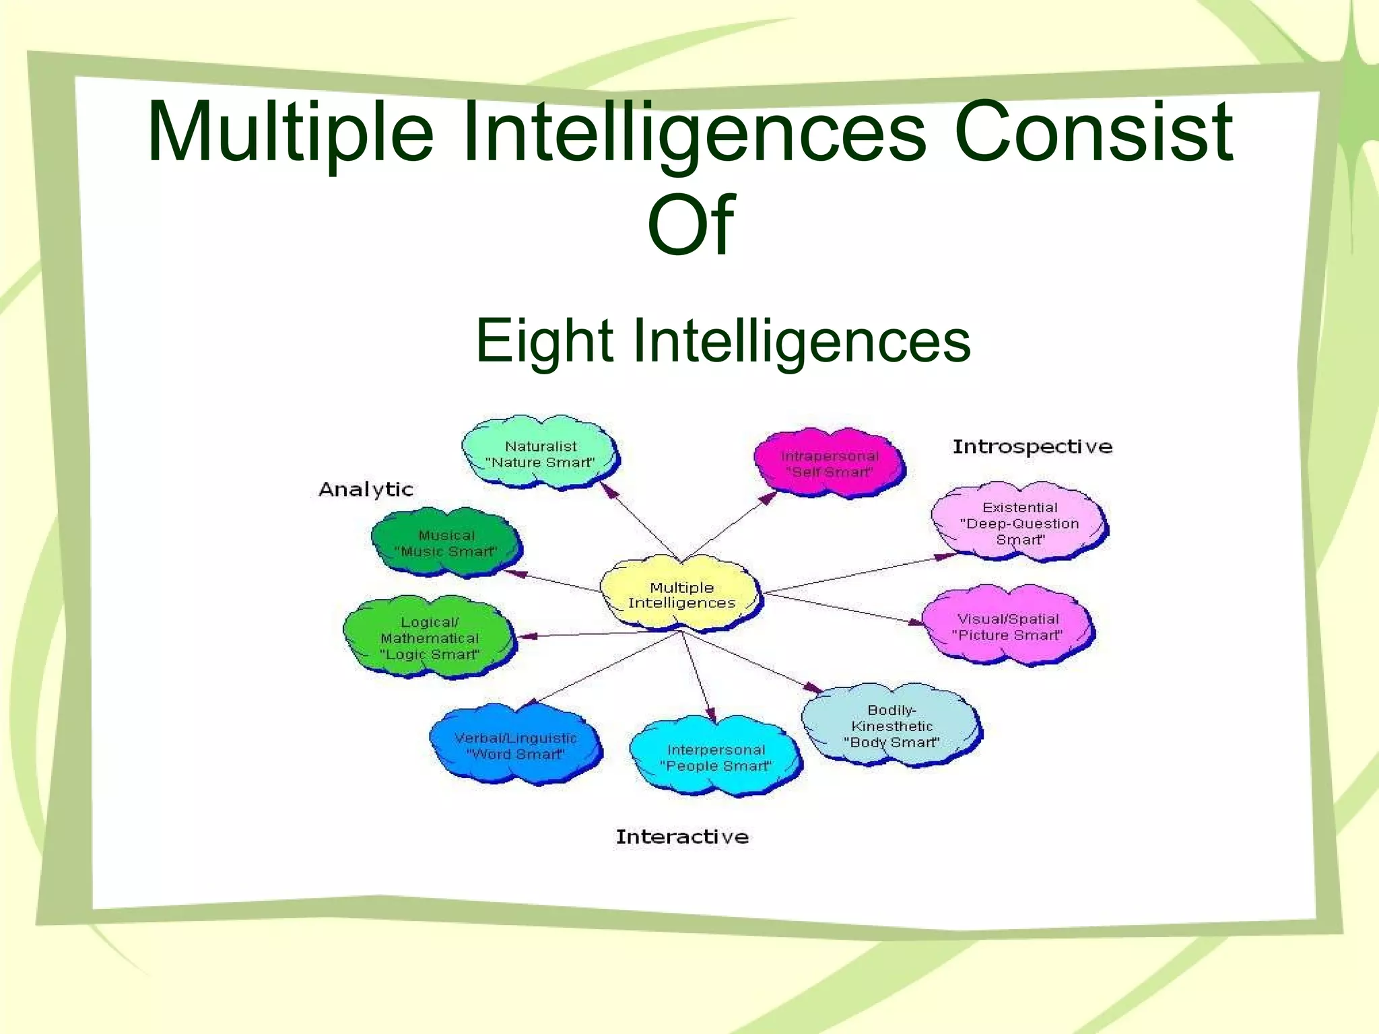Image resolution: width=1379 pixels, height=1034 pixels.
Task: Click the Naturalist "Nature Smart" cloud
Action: [x=541, y=453]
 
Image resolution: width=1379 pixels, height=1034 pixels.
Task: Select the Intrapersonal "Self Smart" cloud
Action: [x=829, y=464]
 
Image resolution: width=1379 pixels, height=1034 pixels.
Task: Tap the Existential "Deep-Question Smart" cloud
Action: [x=1019, y=523]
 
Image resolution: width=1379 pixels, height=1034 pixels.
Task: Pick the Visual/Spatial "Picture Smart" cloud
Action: [x=1007, y=627]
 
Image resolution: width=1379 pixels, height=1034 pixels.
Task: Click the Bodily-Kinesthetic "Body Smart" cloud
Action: [x=891, y=726]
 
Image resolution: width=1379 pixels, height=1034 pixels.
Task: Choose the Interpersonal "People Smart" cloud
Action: [x=716, y=757]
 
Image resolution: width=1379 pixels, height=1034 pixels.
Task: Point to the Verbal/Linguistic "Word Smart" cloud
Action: [x=515, y=745]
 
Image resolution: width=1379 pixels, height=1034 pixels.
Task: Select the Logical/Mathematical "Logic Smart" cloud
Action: [x=429, y=637]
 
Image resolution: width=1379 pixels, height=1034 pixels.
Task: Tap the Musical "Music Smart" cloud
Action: [x=446, y=543]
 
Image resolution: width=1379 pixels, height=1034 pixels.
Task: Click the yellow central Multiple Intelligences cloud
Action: [x=681, y=595]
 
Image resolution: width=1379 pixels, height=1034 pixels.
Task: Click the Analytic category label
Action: [x=366, y=489]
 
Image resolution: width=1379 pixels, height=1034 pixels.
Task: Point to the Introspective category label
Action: [x=1032, y=447]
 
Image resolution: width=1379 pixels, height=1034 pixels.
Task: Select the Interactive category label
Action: [x=682, y=837]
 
